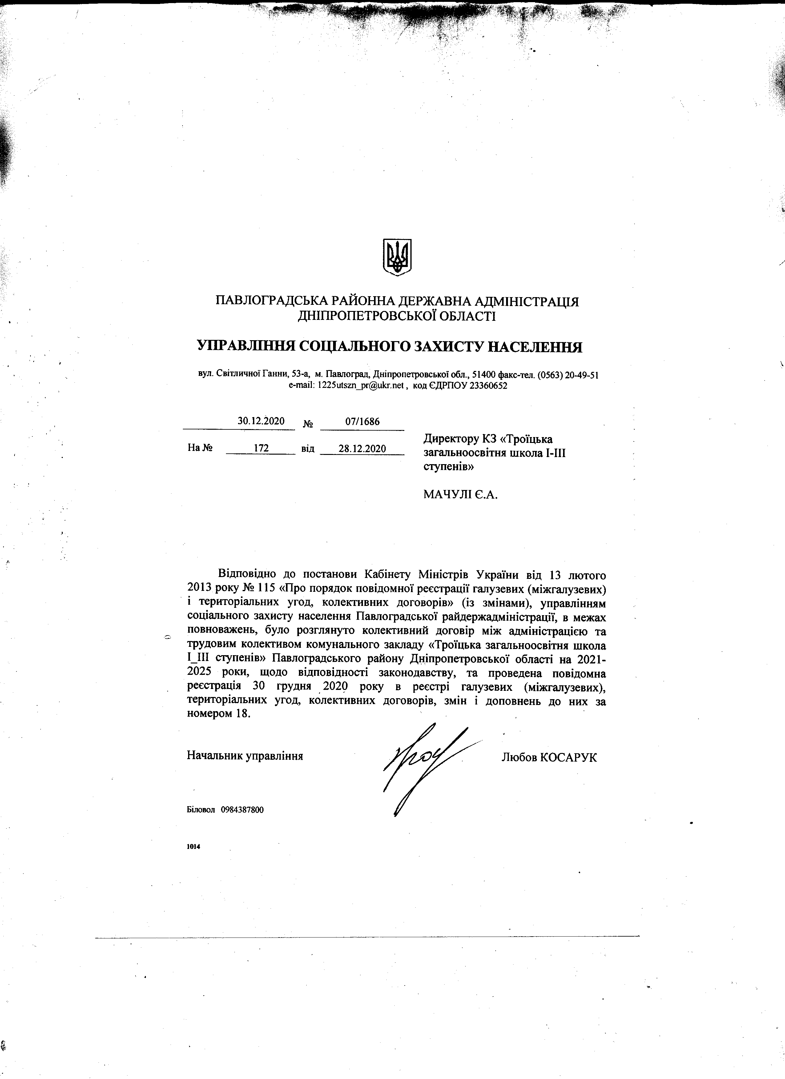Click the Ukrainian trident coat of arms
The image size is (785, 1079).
pos(397,257)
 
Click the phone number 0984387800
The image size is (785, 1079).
pos(242,810)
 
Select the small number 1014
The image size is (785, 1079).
pos(194,846)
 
